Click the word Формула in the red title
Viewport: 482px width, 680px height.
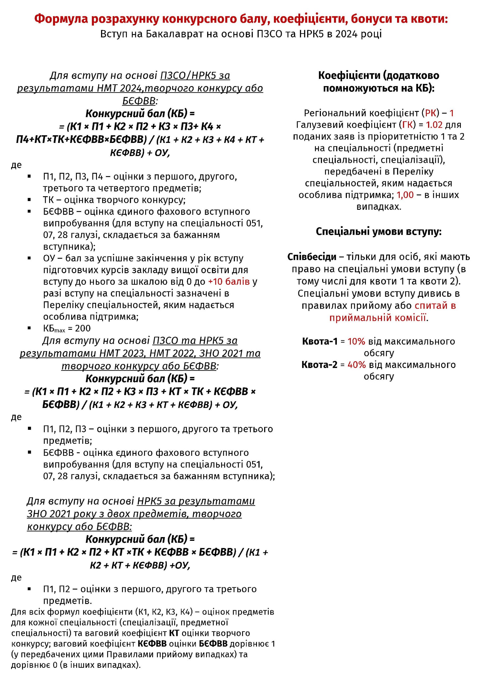click(x=61, y=19)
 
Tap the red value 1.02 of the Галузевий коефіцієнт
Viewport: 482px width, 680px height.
click(x=434, y=125)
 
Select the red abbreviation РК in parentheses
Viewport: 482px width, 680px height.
click(x=430, y=113)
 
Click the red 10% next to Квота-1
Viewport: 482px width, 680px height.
click(x=356, y=342)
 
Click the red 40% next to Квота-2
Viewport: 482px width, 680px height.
click(x=356, y=365)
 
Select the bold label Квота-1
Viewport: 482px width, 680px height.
click(x=320, y=342)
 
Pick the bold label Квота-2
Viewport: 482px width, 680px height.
click(x=319, y=365)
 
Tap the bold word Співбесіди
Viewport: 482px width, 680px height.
click(x=312, y=257)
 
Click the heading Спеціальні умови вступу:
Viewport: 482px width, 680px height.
click(x=379, y=231)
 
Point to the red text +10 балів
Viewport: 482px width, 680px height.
click(x=229, y=282)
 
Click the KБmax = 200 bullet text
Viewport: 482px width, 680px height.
click(x=67, y=328)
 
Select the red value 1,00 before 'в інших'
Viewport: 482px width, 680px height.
click(x=405, y=195)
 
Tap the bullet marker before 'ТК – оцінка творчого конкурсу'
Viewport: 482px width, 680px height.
click(x=29, y=200)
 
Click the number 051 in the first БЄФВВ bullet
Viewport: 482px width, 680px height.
click(x=254, y=223)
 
